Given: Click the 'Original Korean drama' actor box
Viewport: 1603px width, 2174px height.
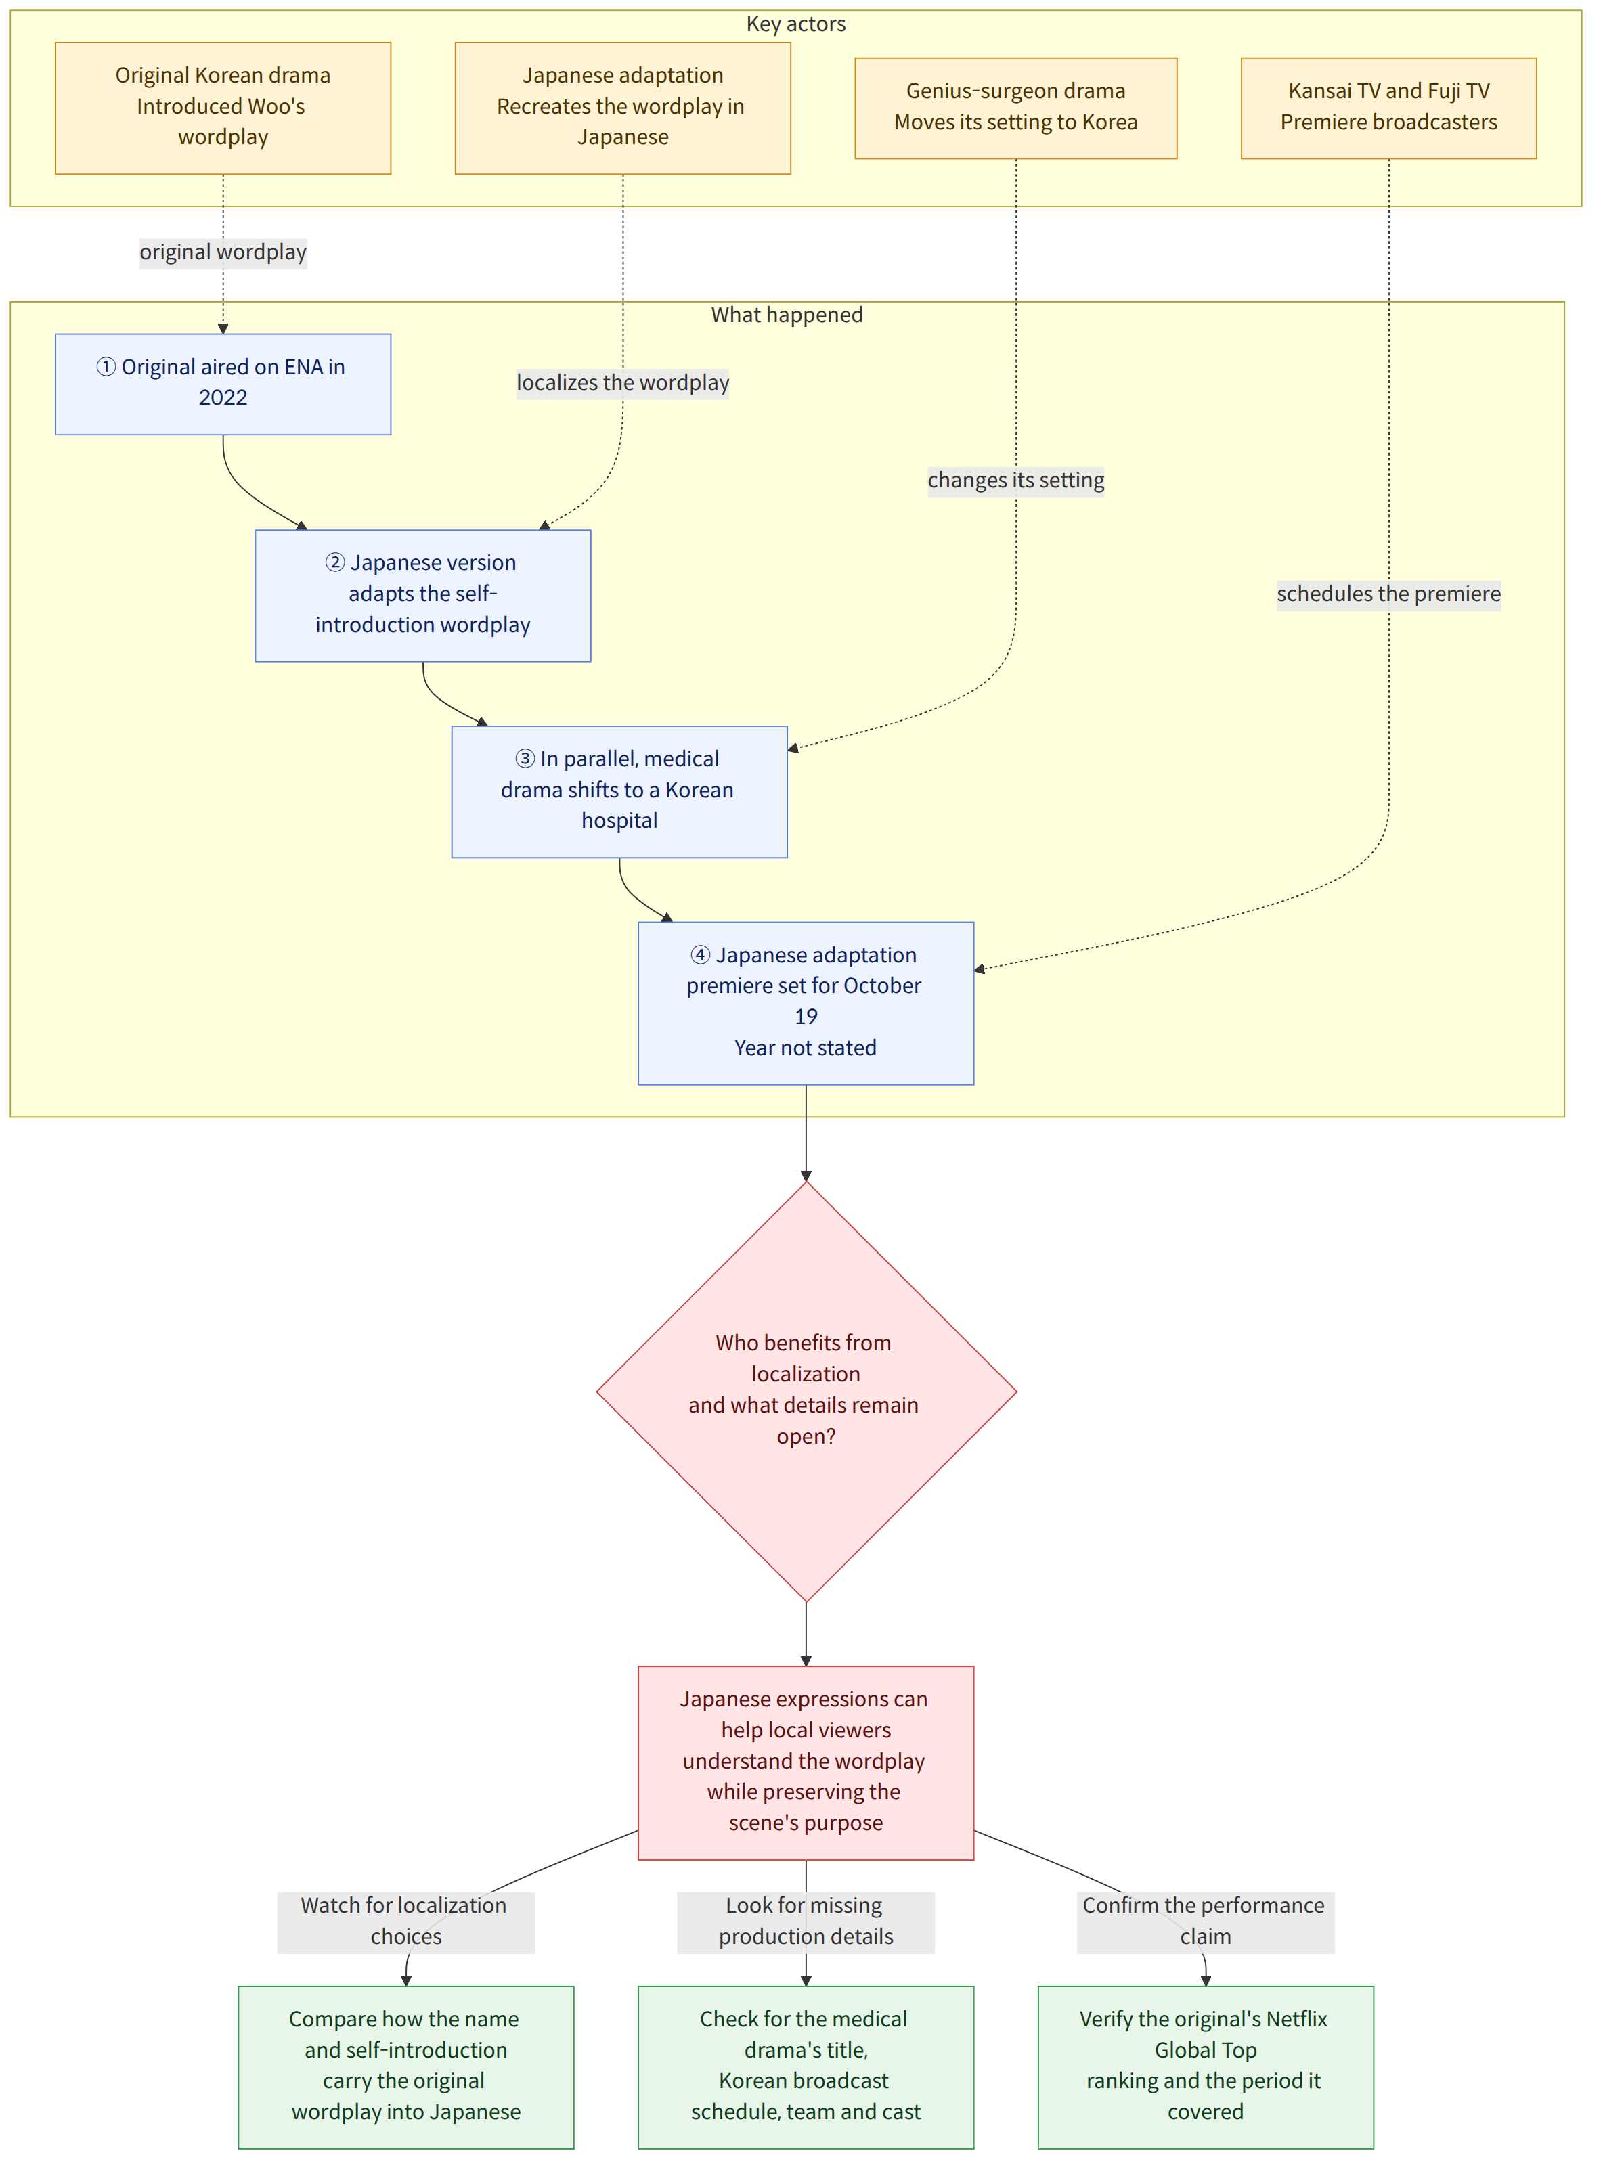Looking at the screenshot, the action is [x=223, y=108].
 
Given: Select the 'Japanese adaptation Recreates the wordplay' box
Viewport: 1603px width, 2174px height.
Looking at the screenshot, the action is [x=623, y=108].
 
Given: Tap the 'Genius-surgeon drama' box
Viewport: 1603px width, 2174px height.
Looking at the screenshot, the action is [x=1016, y=108].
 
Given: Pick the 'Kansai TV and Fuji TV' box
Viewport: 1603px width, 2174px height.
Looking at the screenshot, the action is [x=1388, y=108].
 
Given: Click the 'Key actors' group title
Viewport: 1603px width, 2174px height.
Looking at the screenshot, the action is [x=795, y=24].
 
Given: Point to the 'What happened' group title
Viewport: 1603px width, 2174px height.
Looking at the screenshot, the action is [x=787, y=315].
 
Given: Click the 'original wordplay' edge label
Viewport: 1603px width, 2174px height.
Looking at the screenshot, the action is [x=223, y=252].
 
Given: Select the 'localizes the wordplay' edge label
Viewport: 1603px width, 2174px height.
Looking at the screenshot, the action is [x=623, y=383].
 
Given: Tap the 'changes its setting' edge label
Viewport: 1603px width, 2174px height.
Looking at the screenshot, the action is [x=1016, y=480].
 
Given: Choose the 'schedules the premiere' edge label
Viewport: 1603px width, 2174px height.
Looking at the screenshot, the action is [x=1388, y=594].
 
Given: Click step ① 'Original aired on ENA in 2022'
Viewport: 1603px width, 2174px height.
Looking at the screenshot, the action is [x=223, y=384].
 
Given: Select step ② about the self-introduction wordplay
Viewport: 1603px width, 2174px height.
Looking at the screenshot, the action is [x=423, y=596].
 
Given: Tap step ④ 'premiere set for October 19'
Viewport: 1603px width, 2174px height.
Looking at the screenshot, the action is [x=806, y=1003].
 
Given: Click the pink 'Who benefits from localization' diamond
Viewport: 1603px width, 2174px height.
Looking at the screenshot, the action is [x=806, y=1391].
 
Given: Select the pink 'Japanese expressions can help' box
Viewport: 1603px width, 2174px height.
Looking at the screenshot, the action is [x=806, y=1762].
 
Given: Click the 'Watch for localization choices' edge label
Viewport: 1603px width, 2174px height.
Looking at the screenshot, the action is [x=405, y=1922].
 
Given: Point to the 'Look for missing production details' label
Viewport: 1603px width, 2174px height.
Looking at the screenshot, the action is [x=806, y=1922].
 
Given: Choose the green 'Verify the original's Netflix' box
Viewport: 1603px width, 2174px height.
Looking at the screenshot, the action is [x=1205, y=2067].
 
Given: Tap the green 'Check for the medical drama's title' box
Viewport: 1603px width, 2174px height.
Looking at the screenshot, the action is [x=806, y=2067].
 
